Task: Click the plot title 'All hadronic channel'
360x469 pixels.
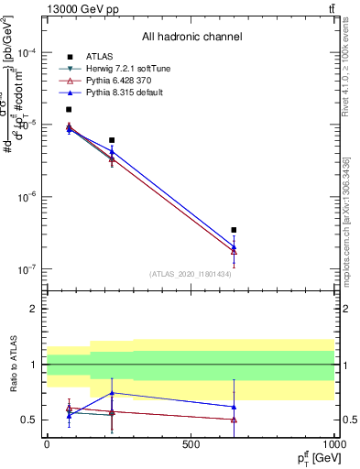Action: click(x=191, y=37)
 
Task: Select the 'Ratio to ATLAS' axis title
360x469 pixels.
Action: click(x=15, y=365)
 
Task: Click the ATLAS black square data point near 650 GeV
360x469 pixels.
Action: click(x=234, y=230)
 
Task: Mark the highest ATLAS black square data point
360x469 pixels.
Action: click(x=69, y=109)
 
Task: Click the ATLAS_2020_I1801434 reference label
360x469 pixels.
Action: click(x=190, y=273)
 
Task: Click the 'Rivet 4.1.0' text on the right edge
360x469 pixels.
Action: click(x=346, y=69)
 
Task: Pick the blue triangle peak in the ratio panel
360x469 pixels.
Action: click(x=112, y=393)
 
